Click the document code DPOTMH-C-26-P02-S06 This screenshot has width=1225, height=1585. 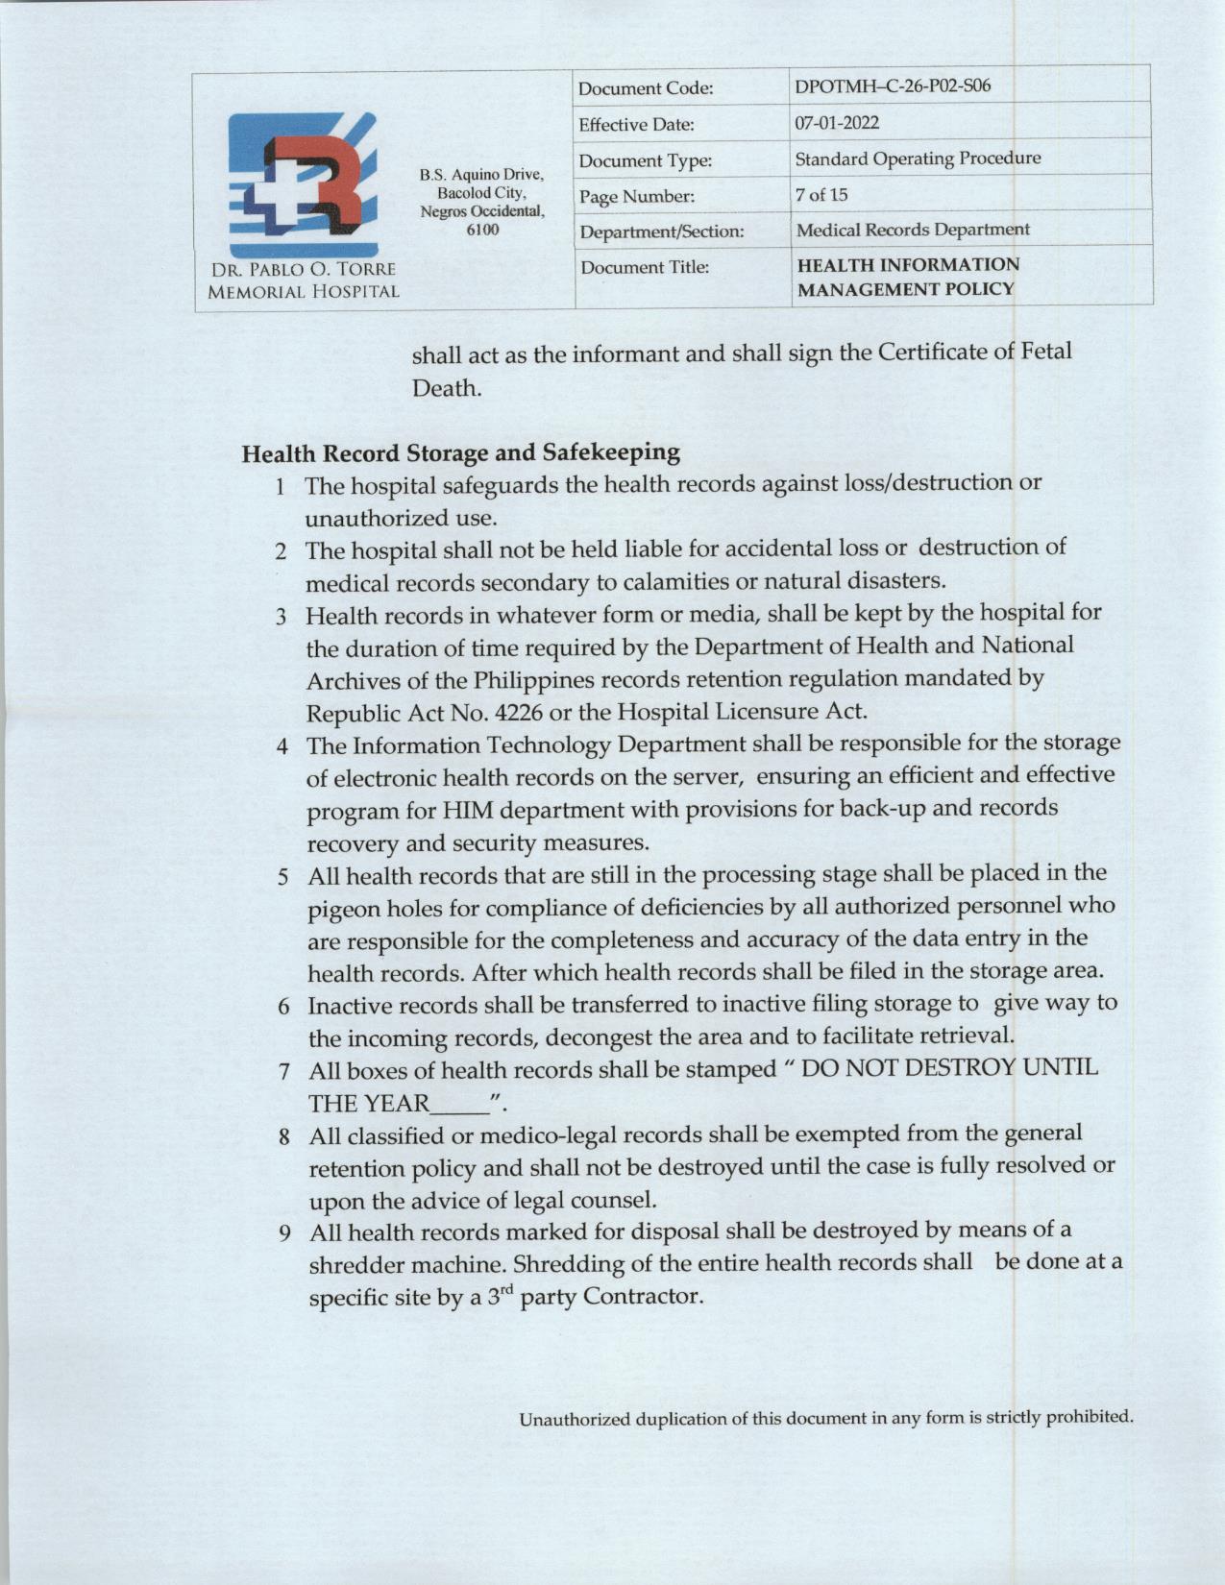[x=893, y=86]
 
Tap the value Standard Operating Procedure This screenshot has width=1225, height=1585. [x=918, y=158]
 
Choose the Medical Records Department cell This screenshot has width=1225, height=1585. [x=913, y=230]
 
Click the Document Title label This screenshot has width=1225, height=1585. [x=645, y=267]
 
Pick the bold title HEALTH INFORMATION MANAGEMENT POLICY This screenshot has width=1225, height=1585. [x=908, y=277]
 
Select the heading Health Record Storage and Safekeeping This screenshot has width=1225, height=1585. [x=461, y=451]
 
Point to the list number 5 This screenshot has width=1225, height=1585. [x=283, y=877]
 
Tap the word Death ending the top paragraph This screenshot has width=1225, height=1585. [x=446, y=389]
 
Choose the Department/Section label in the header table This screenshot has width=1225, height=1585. [x=662, y=232]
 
